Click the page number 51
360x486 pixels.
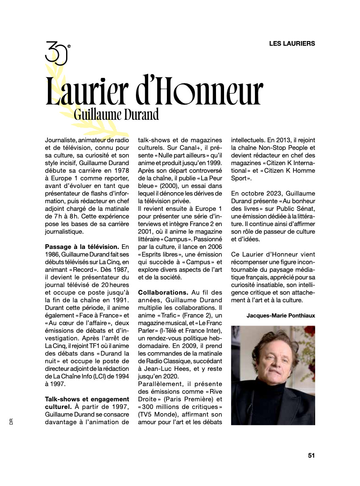coord(311,456)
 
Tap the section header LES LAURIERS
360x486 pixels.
coord(292,43)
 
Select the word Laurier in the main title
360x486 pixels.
coord(87,91)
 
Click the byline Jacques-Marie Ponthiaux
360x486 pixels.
coord(281,315)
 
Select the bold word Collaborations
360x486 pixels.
coord(163,293)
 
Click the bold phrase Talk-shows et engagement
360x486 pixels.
coord(87,399)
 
